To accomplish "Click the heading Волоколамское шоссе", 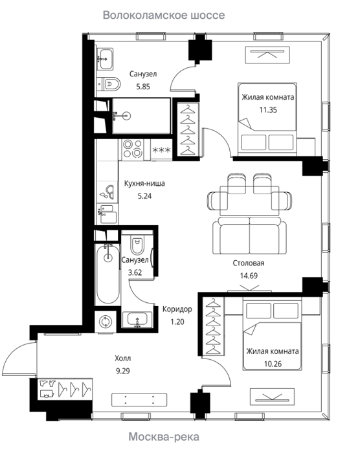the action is tap(164, 15).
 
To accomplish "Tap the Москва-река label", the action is tap(164, 437).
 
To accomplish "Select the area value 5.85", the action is tap(143, 87).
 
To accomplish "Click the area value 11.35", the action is tap(268, 110).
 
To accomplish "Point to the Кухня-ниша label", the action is tap(144, 183).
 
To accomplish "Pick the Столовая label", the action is tap(249, 263).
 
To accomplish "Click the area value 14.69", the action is tap(249, 276).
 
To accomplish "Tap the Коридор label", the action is tap(177, 309).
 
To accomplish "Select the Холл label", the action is tap(123, 359).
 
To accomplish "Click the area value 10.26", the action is tap(273, 364).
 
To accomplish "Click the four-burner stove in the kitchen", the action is tap(133, 149).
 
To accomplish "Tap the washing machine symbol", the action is tap(106, 322).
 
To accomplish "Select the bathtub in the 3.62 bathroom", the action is tap(108, 274).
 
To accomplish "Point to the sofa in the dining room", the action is tap(249, 236).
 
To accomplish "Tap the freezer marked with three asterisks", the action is tap(162, 149).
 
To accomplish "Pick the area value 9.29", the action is tap(123, 371).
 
